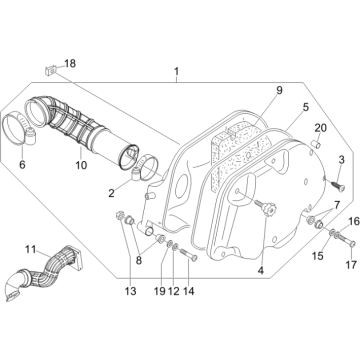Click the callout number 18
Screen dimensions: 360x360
70,63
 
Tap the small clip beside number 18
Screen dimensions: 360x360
50,70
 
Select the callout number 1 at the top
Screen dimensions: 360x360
176,71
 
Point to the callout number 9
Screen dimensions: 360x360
279,90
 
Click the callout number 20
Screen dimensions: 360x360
321,128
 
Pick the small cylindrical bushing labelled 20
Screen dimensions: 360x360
316,145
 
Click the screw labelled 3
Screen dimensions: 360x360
337,184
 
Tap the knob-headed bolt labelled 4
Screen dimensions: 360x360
266,209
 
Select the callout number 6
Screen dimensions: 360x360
22,165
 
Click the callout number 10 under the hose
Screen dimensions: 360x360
81,165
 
